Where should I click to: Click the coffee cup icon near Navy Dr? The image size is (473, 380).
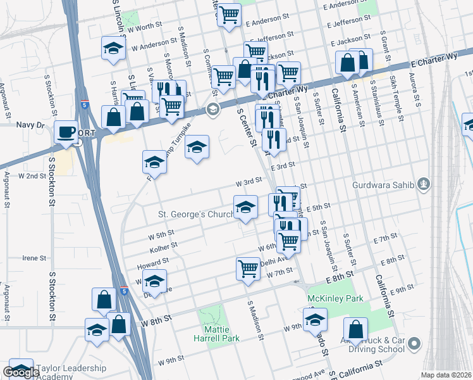pos(66,132)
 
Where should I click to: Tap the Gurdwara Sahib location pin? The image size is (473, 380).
pos(423,186)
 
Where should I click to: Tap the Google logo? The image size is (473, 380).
pos(21,372)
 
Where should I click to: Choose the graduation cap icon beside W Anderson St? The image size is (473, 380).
pos(113,48)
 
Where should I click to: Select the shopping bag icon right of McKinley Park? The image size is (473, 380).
pos(356,329)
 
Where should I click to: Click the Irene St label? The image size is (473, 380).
pos(35,258)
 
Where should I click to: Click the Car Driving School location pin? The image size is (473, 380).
pos(414,344)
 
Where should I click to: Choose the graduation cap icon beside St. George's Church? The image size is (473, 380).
pos(246,206)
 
